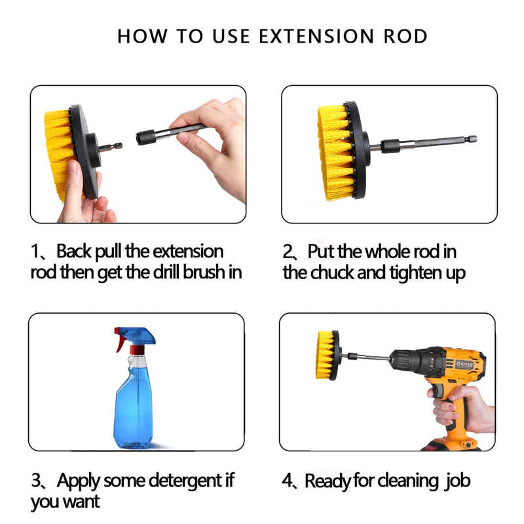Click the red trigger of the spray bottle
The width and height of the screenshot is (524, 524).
[120, 341]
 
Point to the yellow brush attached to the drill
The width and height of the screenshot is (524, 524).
[325, 354]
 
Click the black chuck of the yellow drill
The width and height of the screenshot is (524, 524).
[401, 361]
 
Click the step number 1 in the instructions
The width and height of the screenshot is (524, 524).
[37, 252]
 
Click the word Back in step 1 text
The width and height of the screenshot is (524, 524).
[75, 252]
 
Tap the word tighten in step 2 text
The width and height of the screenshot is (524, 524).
[411, 272]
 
